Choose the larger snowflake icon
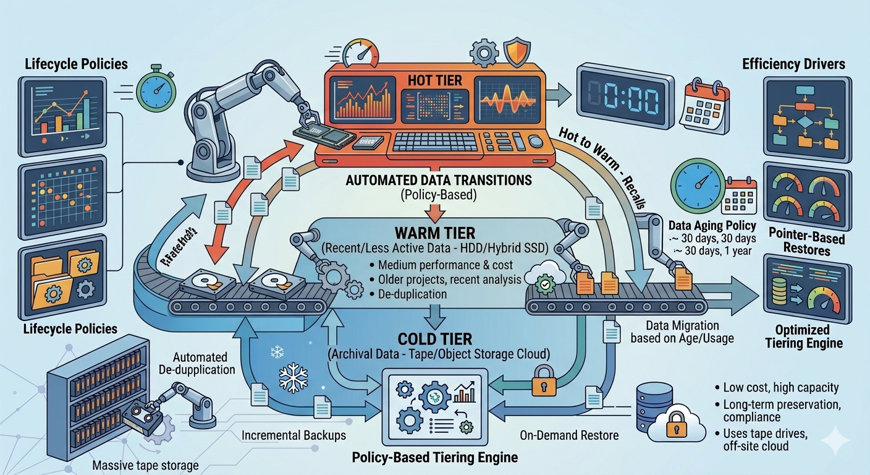[x=294, y=377]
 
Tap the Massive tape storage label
[x=145, y=465]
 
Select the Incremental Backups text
[x=294, y=435]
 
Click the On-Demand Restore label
[x=569, y=435]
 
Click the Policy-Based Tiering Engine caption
[x=434, y=458]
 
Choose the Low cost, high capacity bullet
[x=780, y=388]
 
